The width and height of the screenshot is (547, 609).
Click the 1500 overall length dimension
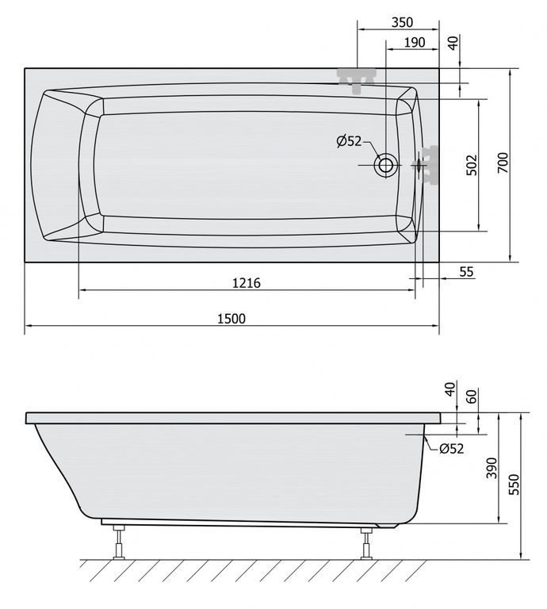(231, 319)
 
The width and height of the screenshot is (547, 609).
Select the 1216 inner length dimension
(247, 283)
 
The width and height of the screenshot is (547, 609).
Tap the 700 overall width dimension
(503, 163)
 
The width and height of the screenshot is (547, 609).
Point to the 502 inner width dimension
(472, 165)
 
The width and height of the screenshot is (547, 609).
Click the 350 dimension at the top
(402, 22)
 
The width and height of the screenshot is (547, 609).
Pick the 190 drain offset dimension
(415, 42)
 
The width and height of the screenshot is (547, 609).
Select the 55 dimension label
(467, 272)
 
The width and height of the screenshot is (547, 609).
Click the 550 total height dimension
(513, 484)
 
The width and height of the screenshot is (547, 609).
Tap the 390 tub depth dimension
(492, 468)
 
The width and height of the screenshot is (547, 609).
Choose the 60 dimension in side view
(471, 396)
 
